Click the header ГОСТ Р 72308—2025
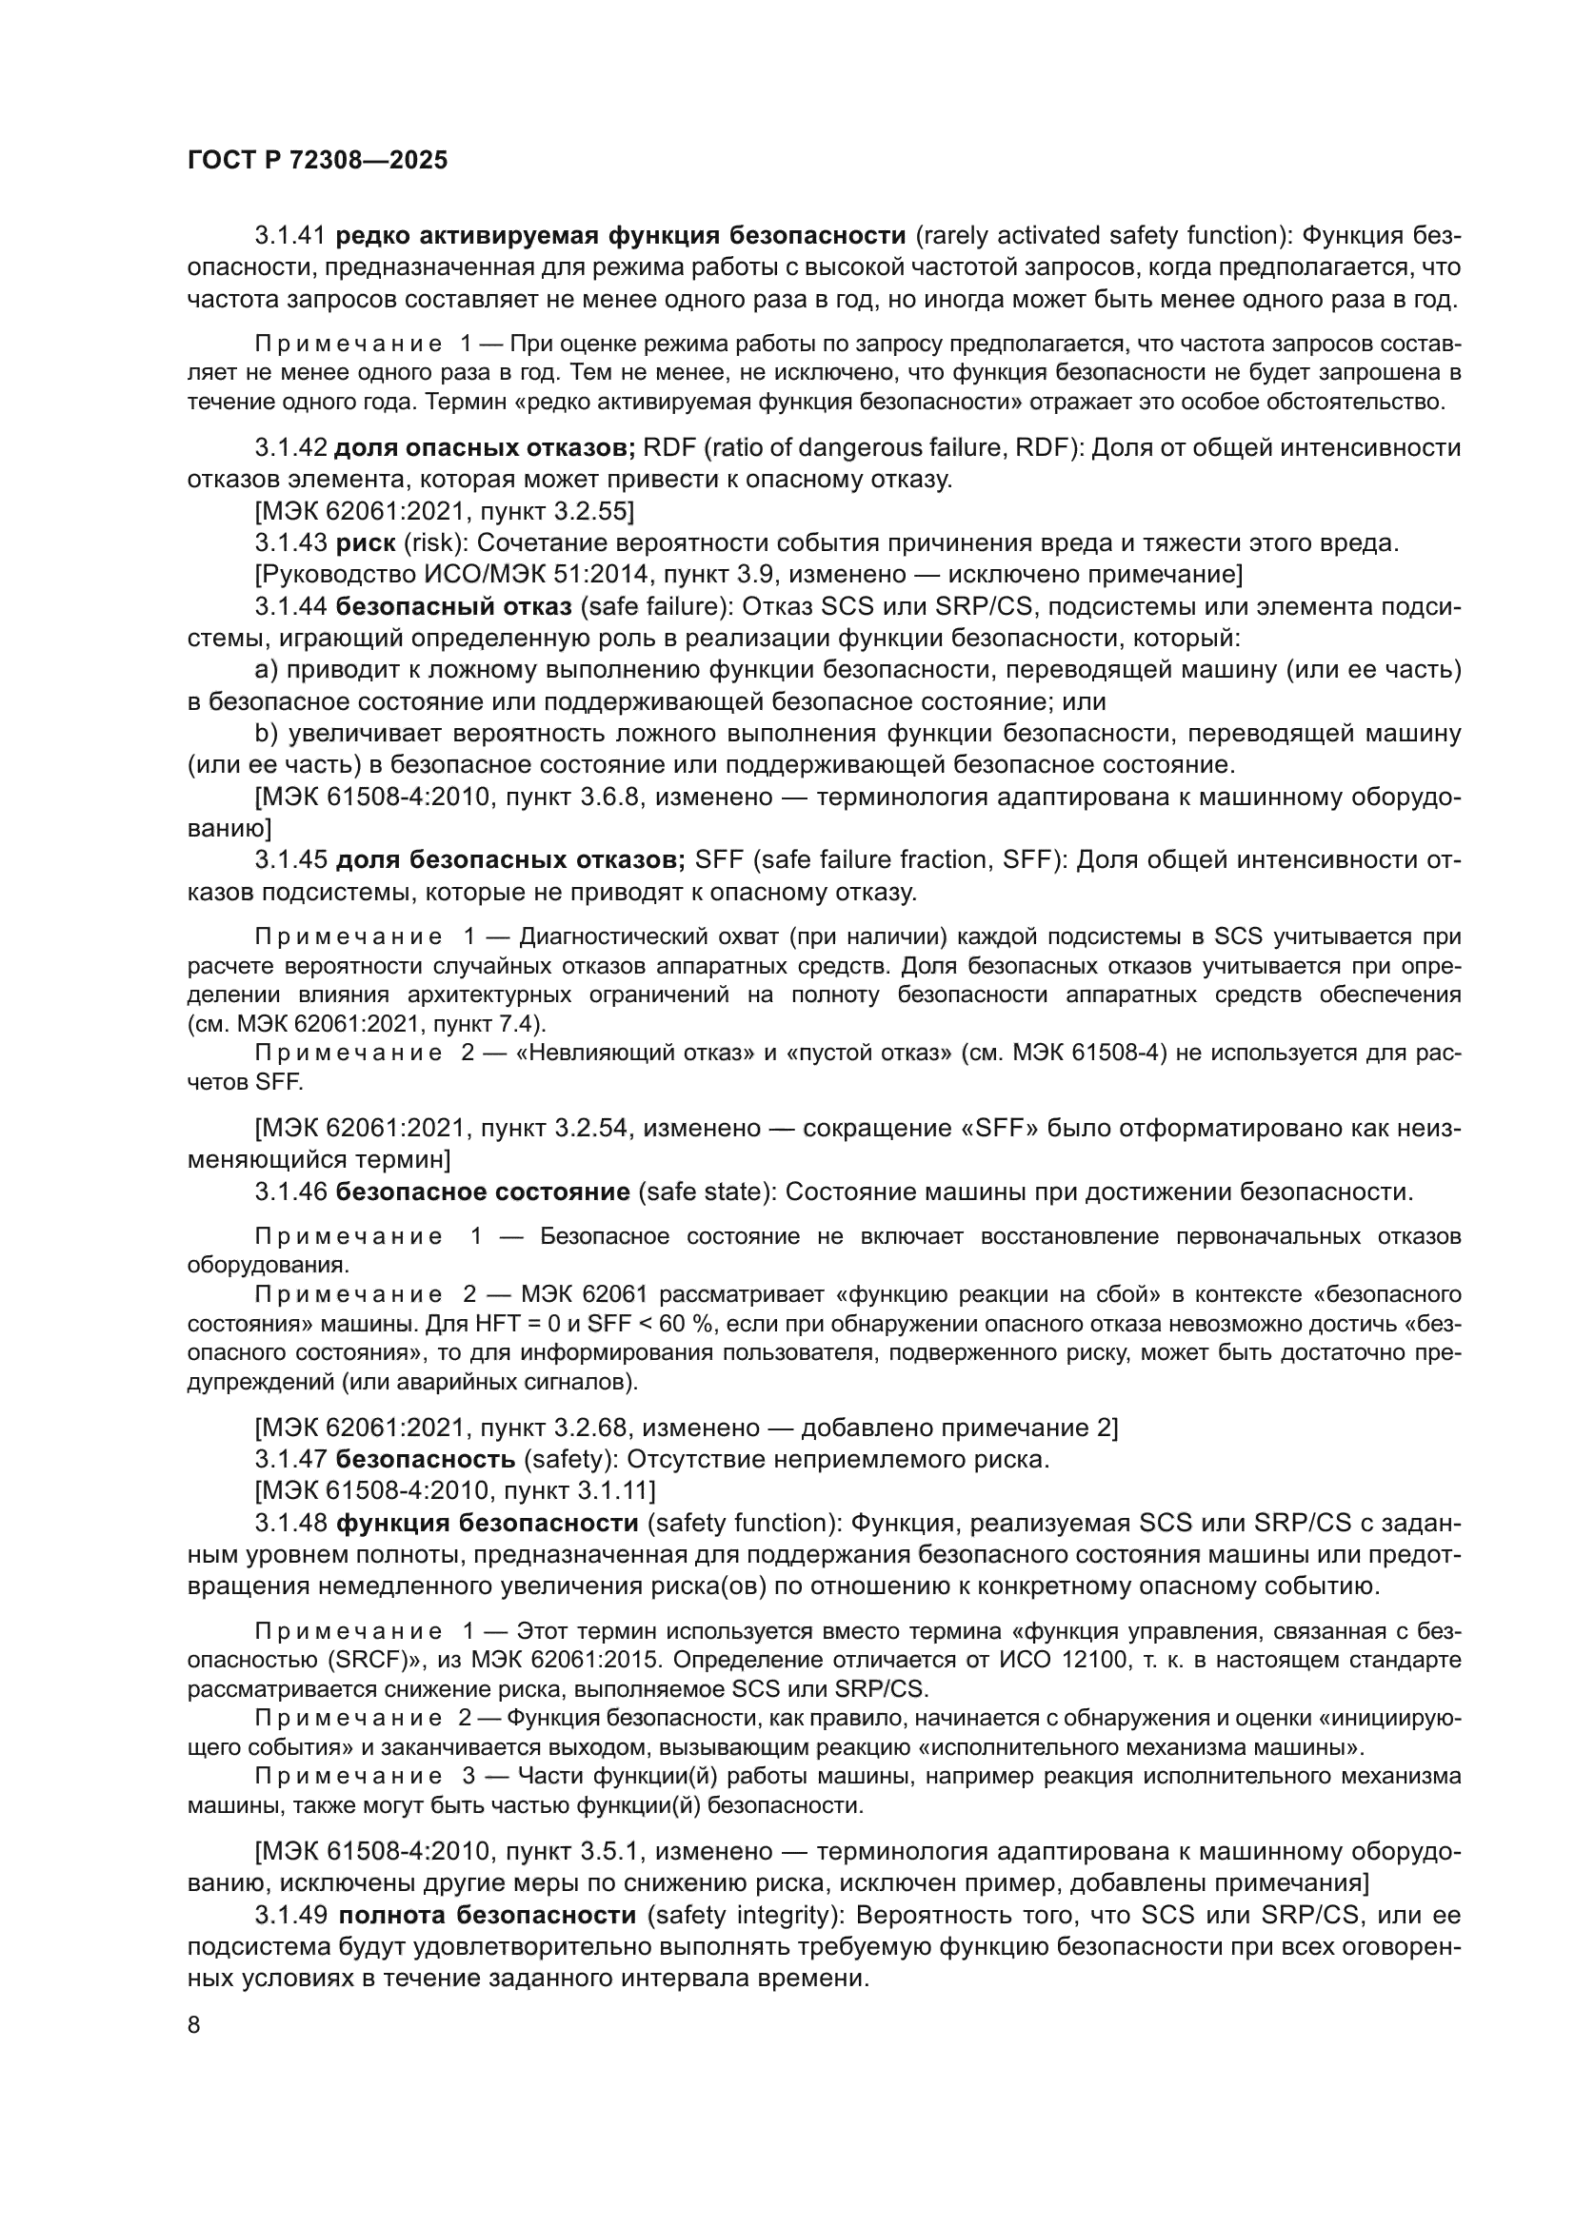click(x=317, y=161)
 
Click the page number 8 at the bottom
click(x=194, y=2025)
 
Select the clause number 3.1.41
click(x=291, y=236)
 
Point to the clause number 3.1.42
click(x=291, y=448)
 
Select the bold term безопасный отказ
click(x=454, y=607)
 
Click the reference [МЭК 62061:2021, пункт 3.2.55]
click(x=444, y=511)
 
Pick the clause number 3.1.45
click(x=291, y=860)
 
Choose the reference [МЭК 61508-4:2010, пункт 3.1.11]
click(x=455, y=1490)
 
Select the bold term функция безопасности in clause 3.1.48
click(x=487, y=1523)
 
